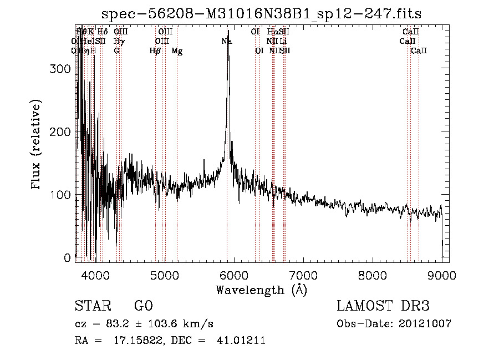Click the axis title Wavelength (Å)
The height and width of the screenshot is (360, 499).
point(261,290)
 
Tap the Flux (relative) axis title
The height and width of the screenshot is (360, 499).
point(37,145)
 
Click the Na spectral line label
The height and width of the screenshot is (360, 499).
point(227,42)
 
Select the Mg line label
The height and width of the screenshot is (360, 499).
point(177,51)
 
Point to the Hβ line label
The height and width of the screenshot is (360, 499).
point(155,51)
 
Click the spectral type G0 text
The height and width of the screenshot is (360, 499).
point(143,307)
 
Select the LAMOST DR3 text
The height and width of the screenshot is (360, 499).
point(383,307)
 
